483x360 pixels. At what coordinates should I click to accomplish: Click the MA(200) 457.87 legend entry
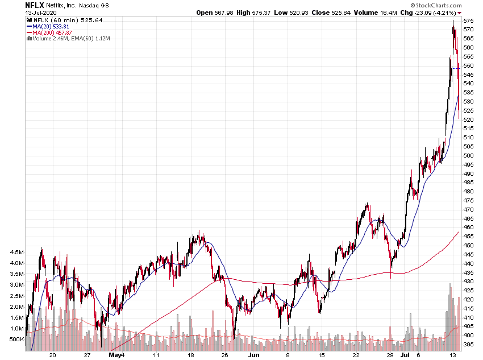[x=56, y=32]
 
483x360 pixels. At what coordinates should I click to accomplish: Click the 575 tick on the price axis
[x=469, y=29]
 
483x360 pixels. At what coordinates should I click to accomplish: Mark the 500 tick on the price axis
[x=469, y=155]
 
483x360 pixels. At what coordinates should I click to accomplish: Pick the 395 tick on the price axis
[x=469, y=345]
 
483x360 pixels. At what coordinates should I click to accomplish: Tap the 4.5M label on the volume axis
[x=15, y=253]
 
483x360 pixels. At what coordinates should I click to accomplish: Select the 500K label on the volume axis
[x=15, y=340]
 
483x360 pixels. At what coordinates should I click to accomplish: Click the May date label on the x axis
[x=115, y=354]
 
